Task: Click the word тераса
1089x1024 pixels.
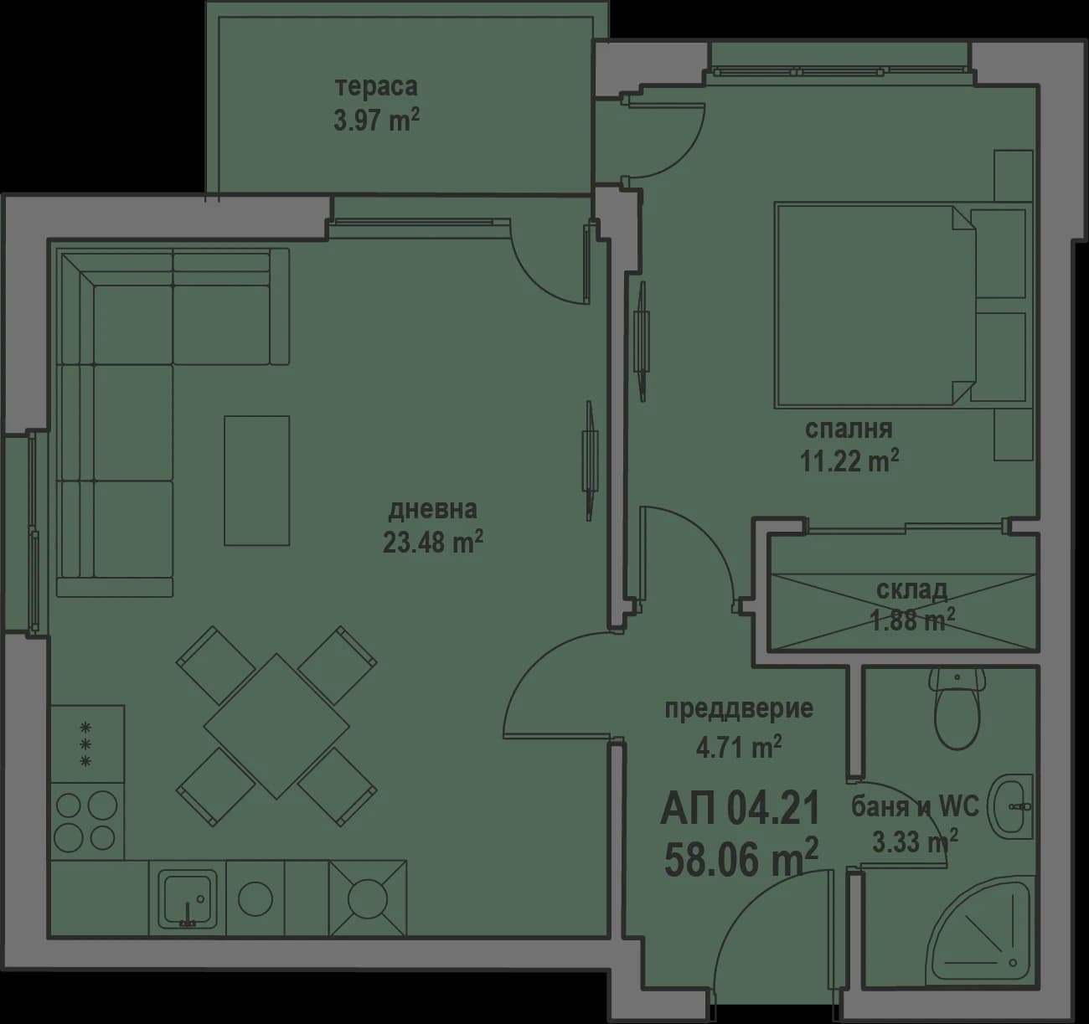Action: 376,86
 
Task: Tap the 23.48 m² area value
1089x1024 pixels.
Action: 432,543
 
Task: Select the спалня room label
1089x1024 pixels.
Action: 849,430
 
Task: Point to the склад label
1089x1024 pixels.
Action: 911,589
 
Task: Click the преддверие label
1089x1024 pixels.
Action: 739,709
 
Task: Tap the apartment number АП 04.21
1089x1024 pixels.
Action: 739,809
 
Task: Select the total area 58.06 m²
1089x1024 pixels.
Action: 741,859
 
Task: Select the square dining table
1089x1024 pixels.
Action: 276,726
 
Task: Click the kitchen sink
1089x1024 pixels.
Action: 188,898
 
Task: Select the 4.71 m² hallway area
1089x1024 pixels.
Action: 739,745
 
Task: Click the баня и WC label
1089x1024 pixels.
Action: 915,807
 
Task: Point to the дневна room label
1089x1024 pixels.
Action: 432,509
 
